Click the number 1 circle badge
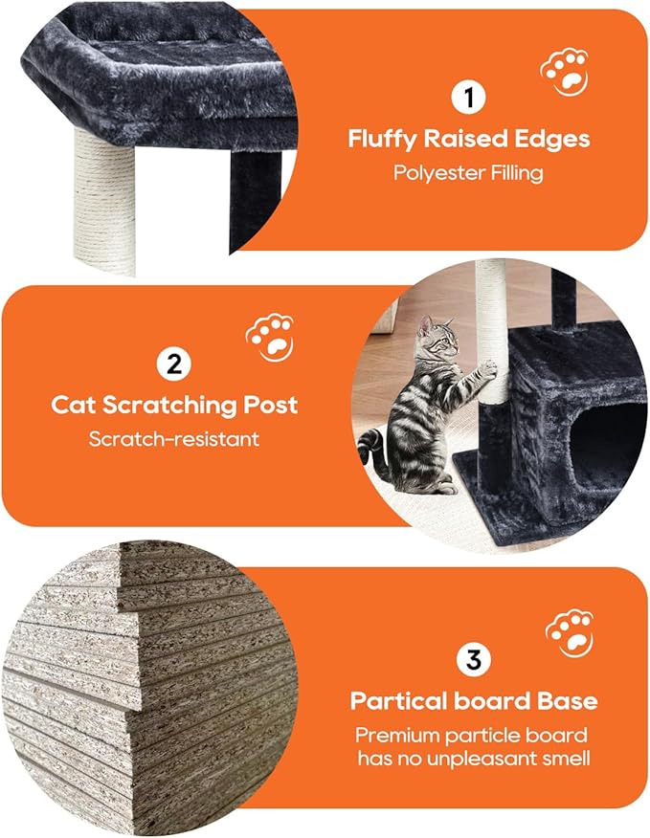[x=469, y=98]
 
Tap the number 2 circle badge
[x=173, y=364]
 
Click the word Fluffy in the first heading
[x=383, y=140]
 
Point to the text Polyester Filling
[x=469, y=173]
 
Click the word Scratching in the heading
[x=178, y=405]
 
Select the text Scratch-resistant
[x=173, y=439]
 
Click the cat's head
[x=438, y=338]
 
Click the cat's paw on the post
[x=488, y=366]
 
